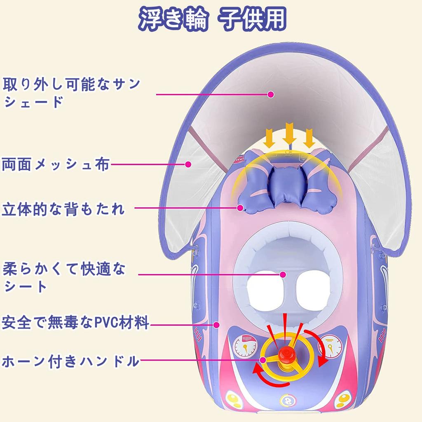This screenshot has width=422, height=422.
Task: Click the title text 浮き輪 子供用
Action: point(212,19)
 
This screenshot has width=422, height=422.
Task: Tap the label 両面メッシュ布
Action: point(56,164)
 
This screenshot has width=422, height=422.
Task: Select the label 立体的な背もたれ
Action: point(63,209)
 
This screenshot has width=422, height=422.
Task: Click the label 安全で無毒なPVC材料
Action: point(75,322)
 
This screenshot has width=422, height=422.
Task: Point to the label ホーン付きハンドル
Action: point(70,361)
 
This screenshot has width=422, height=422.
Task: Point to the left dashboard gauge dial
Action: point(245,346)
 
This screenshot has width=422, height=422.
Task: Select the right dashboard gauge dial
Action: point(330,346)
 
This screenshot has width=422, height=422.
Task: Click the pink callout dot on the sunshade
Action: point(271,94)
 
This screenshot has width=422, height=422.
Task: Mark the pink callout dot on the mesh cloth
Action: point(188,164)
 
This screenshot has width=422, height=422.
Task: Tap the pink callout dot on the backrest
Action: point(240,208)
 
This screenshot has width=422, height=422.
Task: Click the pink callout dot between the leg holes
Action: point(283,274)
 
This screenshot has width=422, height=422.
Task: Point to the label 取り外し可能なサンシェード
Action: point(71,93)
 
